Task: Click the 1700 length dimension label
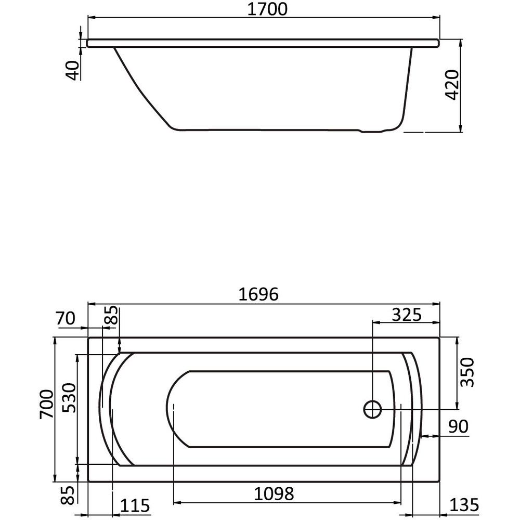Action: tap(267, 9)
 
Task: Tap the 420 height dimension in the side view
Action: tap(452, 85)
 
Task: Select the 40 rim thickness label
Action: tap(74, 70)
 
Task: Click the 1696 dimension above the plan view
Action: tap(258, 294)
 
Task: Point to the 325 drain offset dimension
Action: tap(407, 315)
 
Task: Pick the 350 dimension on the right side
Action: tap(468, 372)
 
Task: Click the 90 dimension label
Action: tap(458, 426)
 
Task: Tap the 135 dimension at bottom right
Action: tap(464, 505)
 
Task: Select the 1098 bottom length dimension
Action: tap(274, 494)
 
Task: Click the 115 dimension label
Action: tap(135, 506)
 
